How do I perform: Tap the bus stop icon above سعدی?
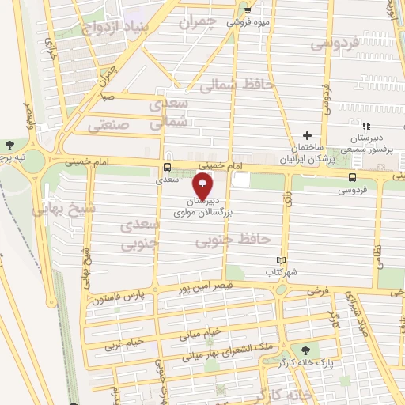166,167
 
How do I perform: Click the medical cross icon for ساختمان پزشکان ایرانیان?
308,135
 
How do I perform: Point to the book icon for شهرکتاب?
278,259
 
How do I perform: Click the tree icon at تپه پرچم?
9,145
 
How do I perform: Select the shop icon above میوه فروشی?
248,10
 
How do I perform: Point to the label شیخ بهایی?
56,209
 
